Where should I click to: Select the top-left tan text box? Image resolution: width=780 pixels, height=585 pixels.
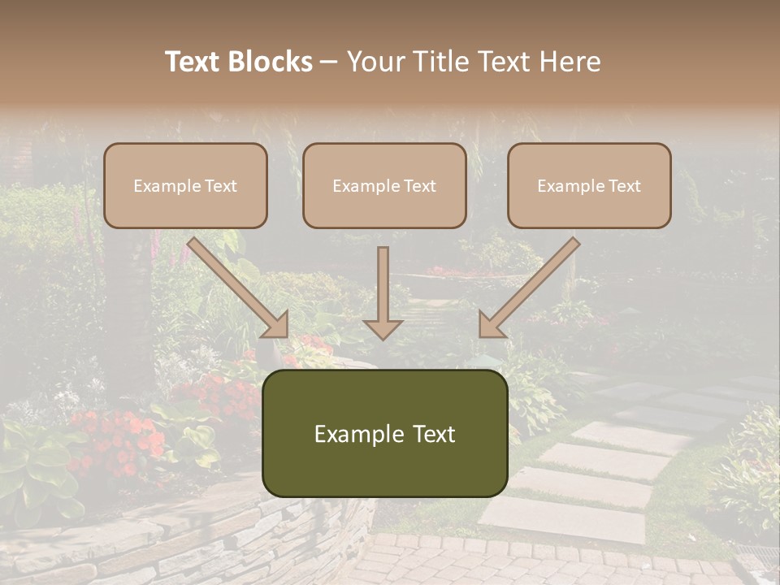tap(185, 185)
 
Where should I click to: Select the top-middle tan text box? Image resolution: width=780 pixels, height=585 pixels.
tap(384, 185)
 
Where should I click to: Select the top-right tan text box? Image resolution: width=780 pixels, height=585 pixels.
tap(589, 185)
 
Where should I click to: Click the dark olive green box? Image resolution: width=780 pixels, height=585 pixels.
tap(384, 433)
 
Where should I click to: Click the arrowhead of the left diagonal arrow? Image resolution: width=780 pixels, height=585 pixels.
tap(277, 325)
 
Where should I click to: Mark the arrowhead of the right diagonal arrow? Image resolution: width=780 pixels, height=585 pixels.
tap(491, 325)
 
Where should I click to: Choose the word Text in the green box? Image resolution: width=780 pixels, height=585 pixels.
tap(433, 434)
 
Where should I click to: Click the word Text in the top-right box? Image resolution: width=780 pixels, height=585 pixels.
tap(624, 186)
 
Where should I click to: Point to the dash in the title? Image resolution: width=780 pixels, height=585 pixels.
tap(329, 62)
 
